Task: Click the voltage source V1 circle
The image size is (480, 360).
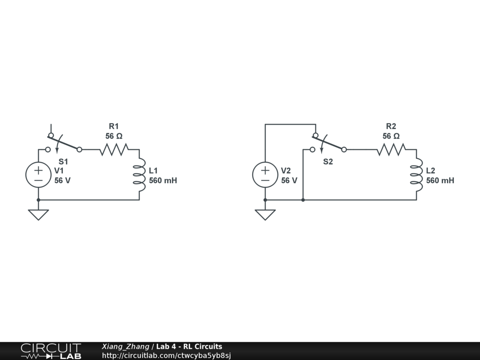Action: (38, 175)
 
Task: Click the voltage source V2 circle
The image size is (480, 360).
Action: (265, 175)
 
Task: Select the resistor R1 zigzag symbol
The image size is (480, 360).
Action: (113, 150)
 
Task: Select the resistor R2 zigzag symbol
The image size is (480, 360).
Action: (391, 150)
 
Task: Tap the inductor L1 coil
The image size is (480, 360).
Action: (139, 175)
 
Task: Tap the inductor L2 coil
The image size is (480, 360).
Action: (416, 175)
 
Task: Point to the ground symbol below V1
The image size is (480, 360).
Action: (38, 214)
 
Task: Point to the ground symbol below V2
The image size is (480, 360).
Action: (265, 214)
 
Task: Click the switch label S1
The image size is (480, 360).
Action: (63, 162)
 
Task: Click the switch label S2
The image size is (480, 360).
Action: (328, 162)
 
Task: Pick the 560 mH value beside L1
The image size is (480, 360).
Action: (163, 180)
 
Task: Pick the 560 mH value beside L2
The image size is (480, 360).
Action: (440, 180)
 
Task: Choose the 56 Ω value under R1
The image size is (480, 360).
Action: (114, 136)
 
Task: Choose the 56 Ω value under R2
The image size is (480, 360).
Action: (391, 136)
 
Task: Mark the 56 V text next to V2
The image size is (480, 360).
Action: (289, 180)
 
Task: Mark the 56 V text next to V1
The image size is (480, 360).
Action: (62, 180)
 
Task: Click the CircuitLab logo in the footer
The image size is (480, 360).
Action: (51, 351)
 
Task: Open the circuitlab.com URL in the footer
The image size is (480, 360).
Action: (166, 355)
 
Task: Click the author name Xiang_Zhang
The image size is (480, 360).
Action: (125, 347)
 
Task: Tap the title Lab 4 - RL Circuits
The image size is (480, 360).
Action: (189, 347)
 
